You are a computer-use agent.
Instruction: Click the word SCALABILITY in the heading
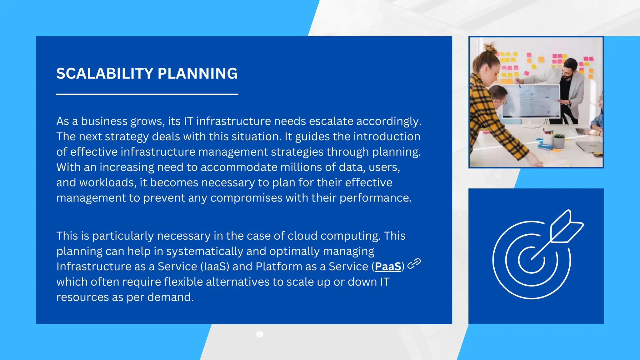(105, 74)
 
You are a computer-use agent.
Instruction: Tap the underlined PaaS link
(388, 267)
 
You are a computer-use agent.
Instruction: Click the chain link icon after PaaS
(414, 264)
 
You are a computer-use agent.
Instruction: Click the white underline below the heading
(147, 94)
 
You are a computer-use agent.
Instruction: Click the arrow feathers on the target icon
(566, 227)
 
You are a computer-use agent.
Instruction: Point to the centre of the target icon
(532, 259)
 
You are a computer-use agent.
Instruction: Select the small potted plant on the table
(558, 140)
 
